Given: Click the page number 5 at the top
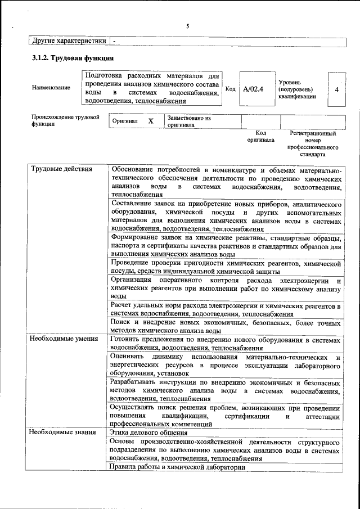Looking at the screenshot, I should [x=188, y=26].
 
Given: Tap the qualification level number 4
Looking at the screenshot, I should [x=336, y=89].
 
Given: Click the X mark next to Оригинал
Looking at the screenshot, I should [x=150, y=121].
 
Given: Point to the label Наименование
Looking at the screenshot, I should [x=51, y=88].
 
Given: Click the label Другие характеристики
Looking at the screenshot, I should [x=69, y=41].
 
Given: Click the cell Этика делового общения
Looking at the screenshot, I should [x=149, y=432].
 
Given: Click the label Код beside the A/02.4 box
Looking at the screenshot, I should [x=230, y=89].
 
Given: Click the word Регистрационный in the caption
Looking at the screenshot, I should [x=313, y=134].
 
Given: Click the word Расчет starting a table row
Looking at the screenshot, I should [x=124, y=305].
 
